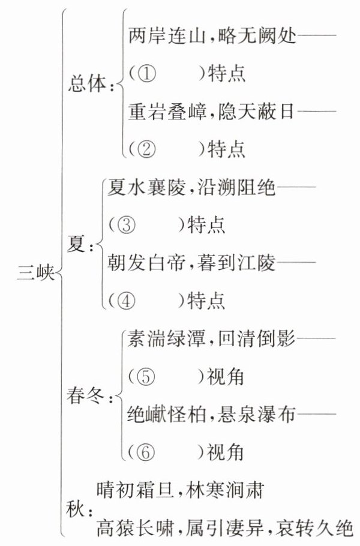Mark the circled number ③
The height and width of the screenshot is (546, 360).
127,224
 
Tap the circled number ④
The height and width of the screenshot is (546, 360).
127,298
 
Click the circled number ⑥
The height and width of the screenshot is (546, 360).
146,450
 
